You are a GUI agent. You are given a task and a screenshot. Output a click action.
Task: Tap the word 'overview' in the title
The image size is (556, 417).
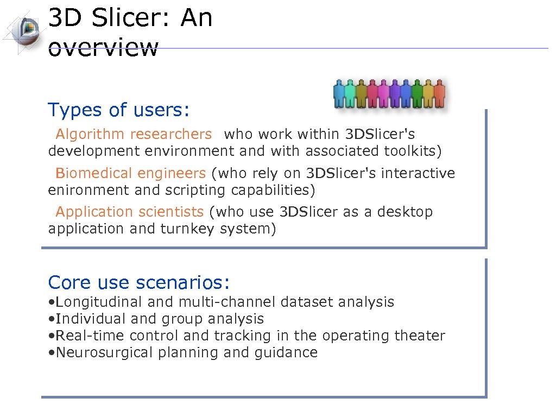tap(103, 47)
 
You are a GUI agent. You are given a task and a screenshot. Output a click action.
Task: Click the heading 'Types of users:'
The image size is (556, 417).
tap(119, 110)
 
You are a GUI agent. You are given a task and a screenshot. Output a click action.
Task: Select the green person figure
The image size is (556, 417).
tap(417, 93)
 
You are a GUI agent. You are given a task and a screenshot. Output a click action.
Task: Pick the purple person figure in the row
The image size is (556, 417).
tap(395, 93)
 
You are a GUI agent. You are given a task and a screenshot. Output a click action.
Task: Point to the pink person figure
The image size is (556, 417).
tap(384, 93)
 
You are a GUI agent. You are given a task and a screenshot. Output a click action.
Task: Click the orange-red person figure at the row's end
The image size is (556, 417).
tap(439, 93)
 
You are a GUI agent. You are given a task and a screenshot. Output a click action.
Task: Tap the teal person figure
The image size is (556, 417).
tap(351, 93)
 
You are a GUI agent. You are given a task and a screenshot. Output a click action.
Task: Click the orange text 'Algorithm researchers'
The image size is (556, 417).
tap(134, 134)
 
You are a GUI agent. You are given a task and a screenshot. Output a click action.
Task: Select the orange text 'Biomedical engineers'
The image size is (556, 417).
tap(130, 173)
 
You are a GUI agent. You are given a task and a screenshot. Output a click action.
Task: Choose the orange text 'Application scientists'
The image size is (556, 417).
tap(129, 212)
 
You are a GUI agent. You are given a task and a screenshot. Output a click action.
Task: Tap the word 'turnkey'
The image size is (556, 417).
tap(188, 229)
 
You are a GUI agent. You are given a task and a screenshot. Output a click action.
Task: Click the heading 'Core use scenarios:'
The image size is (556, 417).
tap(139, 282)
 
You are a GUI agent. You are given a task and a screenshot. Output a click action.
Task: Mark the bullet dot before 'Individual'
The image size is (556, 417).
tap(50, 319)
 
